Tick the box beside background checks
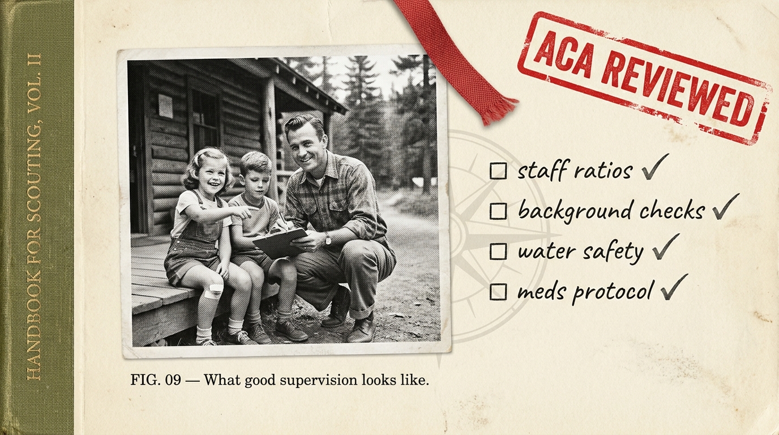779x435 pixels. pos(498,211)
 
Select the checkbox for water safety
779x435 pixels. pos(498,251)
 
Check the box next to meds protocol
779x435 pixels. pos(498,292)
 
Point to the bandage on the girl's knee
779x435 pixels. pos(214,291)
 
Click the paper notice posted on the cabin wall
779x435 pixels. pos(165,106)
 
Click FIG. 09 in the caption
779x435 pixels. pos(155,379)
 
